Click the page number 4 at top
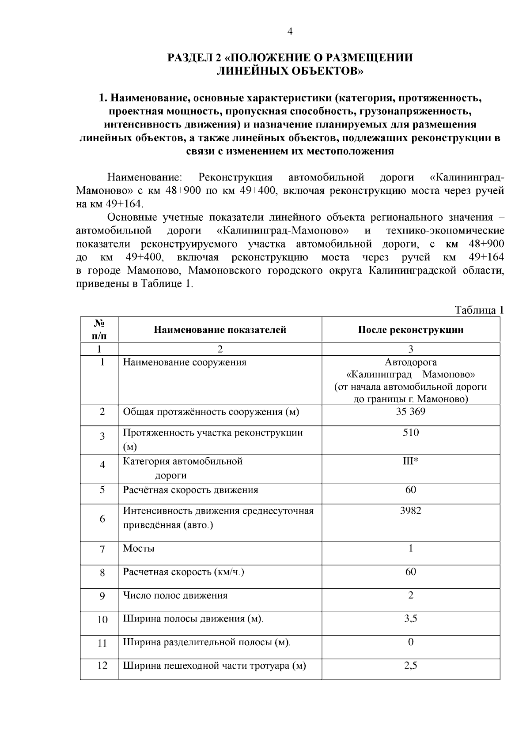click(x=290, y=31)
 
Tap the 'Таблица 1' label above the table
click(x=479, y=310)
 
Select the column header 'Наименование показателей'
click(x=220, y=330)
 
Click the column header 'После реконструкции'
click(x=410, y=330)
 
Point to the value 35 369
click(x=410, y=411)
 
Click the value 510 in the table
click(x=410, y=433)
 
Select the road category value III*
click(x=410, y=461)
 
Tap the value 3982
click(x=410, y=511)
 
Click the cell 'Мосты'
click(x=139, y=549)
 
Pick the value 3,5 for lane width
click(x=410, y=618)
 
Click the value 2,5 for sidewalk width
click(x=410, y=665)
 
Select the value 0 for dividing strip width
click(x=410, y=642)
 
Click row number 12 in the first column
click(x=102, y=665)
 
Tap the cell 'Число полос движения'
click(x=175, y=595)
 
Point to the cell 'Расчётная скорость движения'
click(x=190, y=490)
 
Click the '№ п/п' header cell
click(x=99, y=329)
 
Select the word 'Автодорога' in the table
click(x=410, y=362)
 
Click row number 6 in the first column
click(x=102, y=519)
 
